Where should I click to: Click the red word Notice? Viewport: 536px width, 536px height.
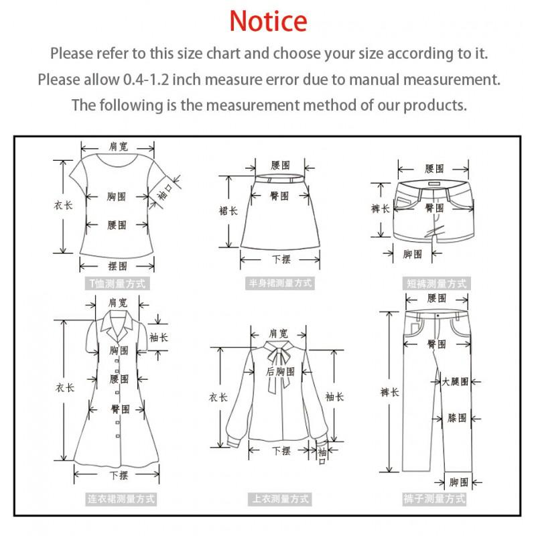coord(268,21)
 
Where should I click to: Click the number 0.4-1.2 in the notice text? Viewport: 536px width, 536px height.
coord(146,80)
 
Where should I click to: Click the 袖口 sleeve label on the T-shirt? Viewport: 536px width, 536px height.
coord(165,192)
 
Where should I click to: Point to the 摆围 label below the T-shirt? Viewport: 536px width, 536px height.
coord(117,266)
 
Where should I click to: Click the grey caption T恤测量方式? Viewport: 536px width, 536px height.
coord(117,283)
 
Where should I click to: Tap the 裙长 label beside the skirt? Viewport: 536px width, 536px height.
coord(228,210)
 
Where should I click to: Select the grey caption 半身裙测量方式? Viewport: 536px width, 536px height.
coord(280,283)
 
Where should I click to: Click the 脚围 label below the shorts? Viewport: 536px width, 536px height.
coord(412,255)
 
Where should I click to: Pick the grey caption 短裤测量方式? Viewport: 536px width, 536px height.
coord(436,283)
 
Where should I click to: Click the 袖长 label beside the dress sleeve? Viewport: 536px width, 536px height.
coord(159,338)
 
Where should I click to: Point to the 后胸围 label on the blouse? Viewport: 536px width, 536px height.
coord(280,372)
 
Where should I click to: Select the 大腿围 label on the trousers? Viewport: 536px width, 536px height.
coord(455,382)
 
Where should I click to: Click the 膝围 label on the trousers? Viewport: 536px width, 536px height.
coord(457,418)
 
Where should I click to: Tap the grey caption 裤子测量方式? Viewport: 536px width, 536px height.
coord(434,499)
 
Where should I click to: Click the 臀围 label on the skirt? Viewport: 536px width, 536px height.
coord(279,196)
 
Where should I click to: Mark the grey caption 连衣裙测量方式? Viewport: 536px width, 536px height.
coord(121,499)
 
